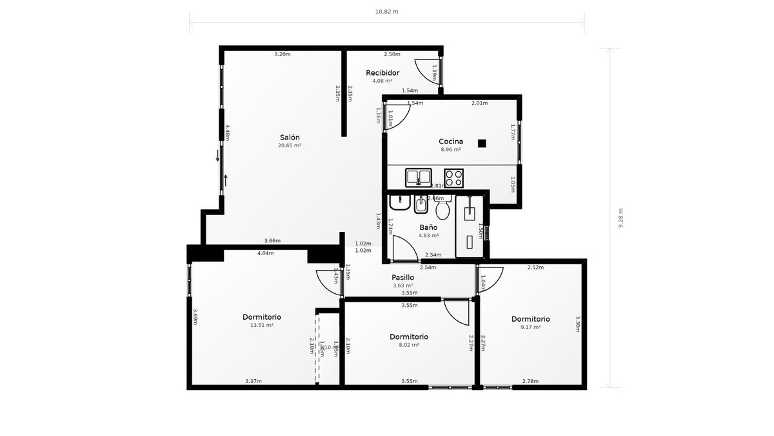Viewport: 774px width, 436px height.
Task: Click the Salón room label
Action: pyautogui.click(x=290, y=137)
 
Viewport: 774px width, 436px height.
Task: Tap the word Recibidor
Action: pyautogui.click(x=382, y=72)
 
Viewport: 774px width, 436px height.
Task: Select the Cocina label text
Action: pyautogui.click(x=451, y=141)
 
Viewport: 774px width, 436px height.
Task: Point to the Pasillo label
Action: pyautogui.click(x=402, y=277)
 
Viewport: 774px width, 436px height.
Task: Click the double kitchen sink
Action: pyautogui.click(x=418, y=176)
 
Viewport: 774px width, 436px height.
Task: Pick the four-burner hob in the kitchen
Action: pyautogui.click(x=453, y=176)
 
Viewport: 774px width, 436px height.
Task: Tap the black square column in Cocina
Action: pyautogui.click(x=482, y=143)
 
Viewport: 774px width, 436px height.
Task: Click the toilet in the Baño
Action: pyautogui.click(x=442, y=209)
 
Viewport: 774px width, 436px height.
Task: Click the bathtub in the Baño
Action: pyautogui.click(x=470, y=226)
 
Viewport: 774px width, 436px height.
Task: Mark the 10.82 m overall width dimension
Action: pyautogui.click(x=386, y=12)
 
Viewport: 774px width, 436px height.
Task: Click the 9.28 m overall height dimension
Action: pyautogui.click(x=621, y=218)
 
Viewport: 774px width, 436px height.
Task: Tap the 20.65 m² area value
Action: pyautogui.click(x=290, y=146)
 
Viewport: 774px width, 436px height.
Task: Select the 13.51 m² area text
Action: pyautogui.click(x=261, y=326)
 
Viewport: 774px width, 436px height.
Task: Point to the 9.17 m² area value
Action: pyautogui.click(x=530, y=327)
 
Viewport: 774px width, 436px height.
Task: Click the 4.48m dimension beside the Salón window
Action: pyautogui.click(x=228, y=132)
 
